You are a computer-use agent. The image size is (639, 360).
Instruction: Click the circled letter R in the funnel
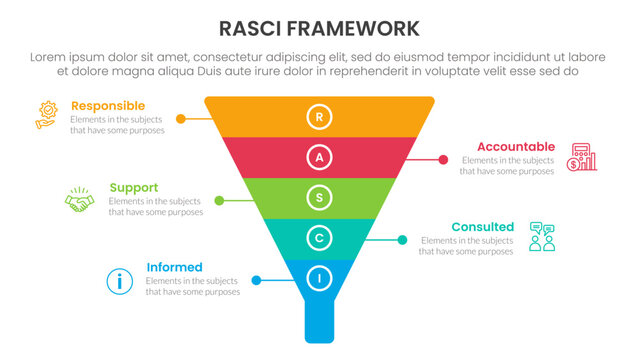tap(319, 117)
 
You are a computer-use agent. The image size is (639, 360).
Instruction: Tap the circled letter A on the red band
tap(319, 158)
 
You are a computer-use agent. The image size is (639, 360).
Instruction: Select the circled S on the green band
tap(319, 199)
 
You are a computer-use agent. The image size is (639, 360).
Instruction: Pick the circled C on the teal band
tap(319, 239)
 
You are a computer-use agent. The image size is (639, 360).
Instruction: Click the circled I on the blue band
tap(319, 280)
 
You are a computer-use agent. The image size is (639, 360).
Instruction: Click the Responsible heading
tap(108, 106)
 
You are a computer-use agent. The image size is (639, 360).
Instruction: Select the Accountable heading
tap(515, 146)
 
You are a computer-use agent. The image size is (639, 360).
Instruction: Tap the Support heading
tap(134, 187)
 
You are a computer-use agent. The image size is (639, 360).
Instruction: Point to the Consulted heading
tap(482, 227)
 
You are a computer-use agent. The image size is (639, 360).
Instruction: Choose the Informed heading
tap(174, 267)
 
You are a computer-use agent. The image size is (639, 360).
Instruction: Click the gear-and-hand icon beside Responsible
tap(46, 114)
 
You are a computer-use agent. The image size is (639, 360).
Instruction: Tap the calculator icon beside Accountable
tap(581, 157)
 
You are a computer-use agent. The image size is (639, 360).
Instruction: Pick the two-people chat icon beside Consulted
tap(542, 237)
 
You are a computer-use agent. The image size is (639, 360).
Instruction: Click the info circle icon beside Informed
tap(119, 281)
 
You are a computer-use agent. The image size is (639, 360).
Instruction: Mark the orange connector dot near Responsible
tap(180, 118)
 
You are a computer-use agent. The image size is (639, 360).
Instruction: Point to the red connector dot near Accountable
tap(442, 159)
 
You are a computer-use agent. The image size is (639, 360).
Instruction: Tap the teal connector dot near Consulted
tap(402, 240)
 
